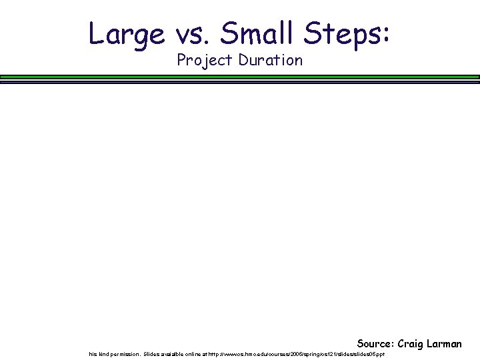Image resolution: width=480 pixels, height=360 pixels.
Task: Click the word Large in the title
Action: (x=126, y=34)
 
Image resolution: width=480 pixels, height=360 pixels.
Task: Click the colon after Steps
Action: (x=386, y=37)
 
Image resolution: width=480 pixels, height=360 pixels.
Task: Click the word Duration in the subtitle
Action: (x=270, y=60)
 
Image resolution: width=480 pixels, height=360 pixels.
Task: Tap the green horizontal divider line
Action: (x=240, y=77)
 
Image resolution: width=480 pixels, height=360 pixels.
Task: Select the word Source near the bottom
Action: (x=375, y=344)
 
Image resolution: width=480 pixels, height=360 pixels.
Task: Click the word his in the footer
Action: (x=93, y=354)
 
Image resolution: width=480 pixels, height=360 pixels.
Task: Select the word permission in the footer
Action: (x=126, y=354)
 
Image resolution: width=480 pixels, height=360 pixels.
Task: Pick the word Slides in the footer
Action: (x=152, y=354)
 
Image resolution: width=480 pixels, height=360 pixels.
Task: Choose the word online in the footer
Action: (x=197, y=354)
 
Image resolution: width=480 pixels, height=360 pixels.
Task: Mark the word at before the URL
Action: (x=210, y=354)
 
